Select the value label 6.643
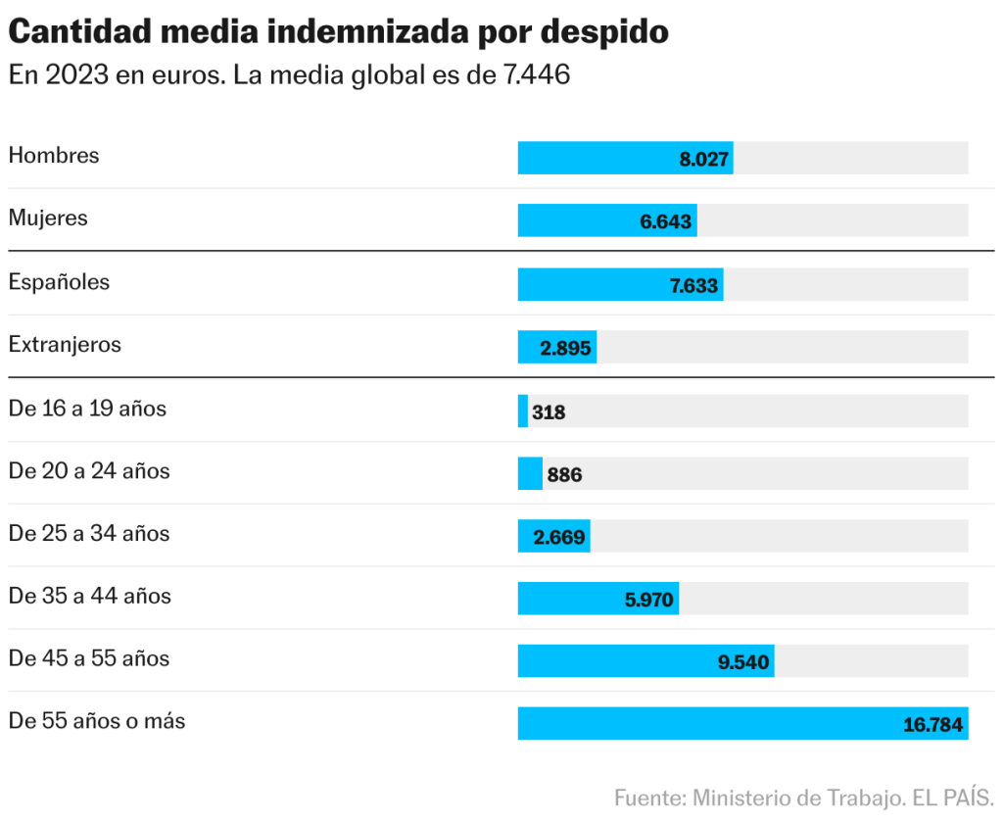[x=666, y=221]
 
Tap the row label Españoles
[x=59, y=282]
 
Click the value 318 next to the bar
[x=549, y=412]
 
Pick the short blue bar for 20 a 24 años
[x=530, y=474]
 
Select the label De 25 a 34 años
[x=89, y=534]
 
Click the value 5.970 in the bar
[x=649, y=600]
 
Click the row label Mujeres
[x=48, y=218]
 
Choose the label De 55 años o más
[x=97, y=722]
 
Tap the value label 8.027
[x=704, y=159]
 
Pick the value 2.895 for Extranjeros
[x=566, y=348]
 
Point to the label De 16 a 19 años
[x=87, y=409]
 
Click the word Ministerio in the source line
[x=742, y=798]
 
